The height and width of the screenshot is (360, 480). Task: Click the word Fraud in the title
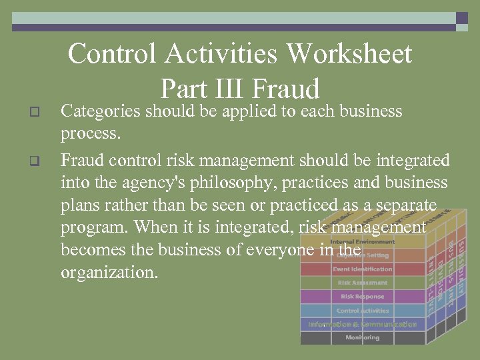[287, 89]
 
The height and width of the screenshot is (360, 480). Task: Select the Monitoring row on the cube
[363, 338]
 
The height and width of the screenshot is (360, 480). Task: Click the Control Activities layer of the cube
[363, 311]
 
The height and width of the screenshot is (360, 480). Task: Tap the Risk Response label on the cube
[363, 297]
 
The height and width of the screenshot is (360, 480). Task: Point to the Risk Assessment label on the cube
[363, 283]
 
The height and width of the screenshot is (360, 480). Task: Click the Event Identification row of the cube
[363, 269]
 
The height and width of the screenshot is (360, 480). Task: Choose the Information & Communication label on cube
[363, 325]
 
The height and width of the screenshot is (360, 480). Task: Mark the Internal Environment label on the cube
[363, 242]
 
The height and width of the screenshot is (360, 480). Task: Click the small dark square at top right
[462, 18]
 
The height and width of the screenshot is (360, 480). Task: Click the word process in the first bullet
[89, 133]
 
